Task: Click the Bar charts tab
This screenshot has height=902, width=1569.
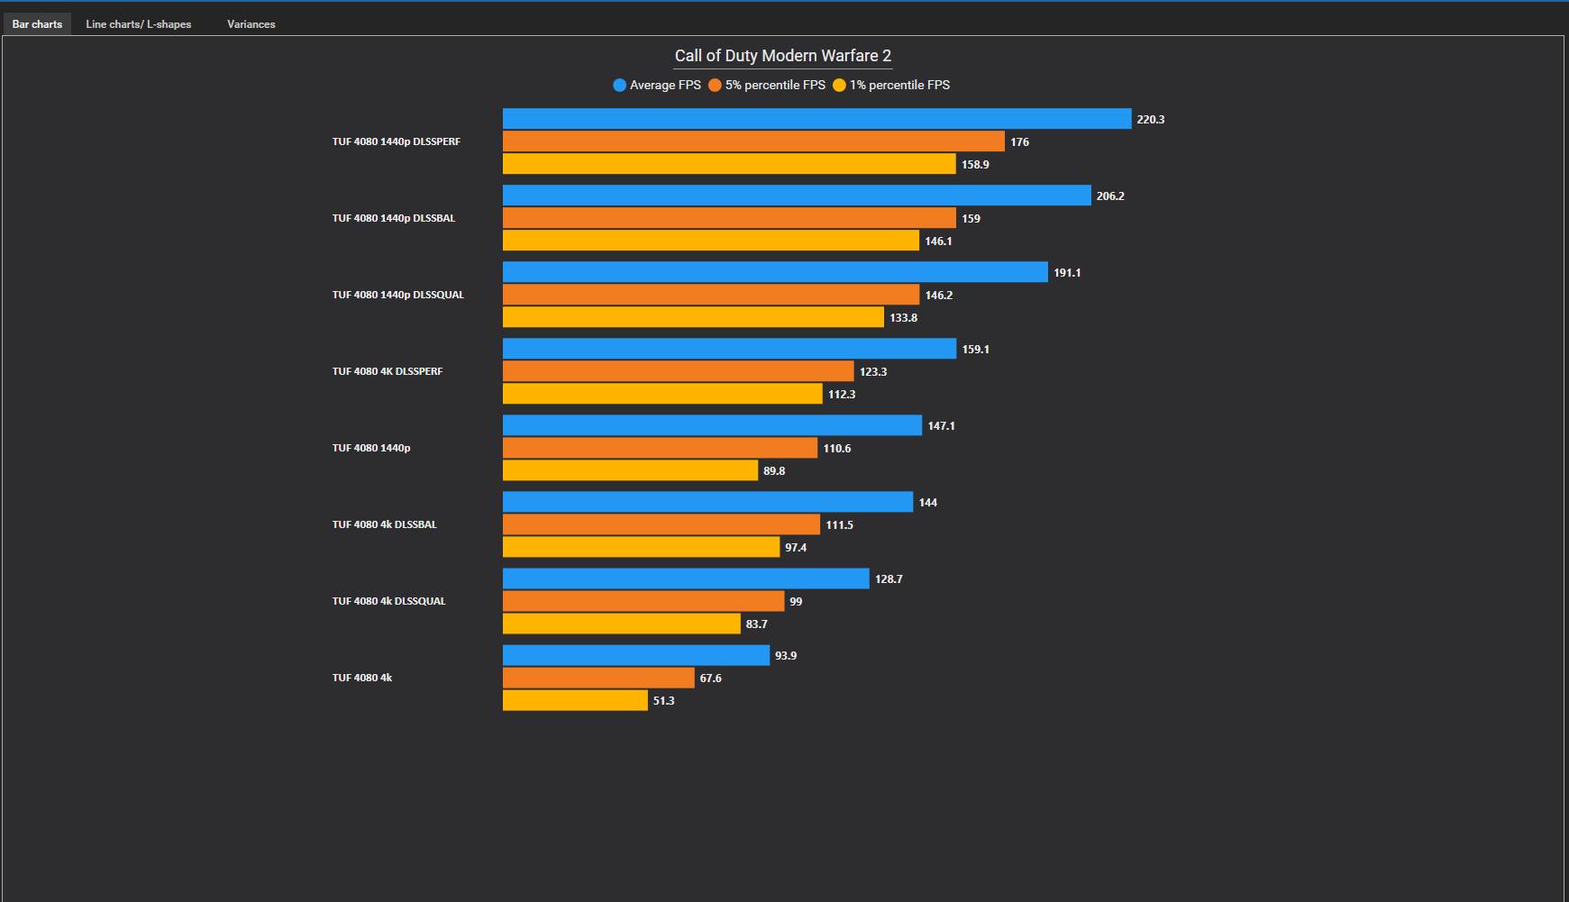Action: pyautogui.click(x=37, y=24)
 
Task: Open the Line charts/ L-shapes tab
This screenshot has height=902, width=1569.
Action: pyautogui.click(x=138, y=24)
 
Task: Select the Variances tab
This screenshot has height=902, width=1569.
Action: pyautogui.click(x=251, y=24)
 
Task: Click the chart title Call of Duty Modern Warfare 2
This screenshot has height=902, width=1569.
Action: pyautogui.click(x=782, y=56)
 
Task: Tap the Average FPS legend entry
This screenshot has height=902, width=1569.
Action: pyautogui.click(x=657, y=85)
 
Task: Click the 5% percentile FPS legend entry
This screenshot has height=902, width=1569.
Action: pyautogui.click(x=767, y=85)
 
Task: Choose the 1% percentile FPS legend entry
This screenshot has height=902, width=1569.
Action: pyautogui.click(x=891, y=85)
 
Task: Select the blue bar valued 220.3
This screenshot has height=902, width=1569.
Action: pyautogui.click(x=816, y=119)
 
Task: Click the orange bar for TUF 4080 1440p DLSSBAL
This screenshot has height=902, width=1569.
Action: pyautogui.click(x=728, y=218)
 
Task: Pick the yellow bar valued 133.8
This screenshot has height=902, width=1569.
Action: pyautogui.click(x=692, y=317)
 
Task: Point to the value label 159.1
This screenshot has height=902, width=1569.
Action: pyautogui.click(x=975, y=350)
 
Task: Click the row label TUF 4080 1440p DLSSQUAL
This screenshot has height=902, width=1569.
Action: pyautogui.click(x=397, y=295)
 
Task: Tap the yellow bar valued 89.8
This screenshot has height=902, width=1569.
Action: pyautogui.click(x=629, y=470)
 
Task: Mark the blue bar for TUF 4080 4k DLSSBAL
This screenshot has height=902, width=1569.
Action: pyautogui.click(x=707, y=502)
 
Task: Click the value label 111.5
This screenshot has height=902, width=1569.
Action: pyautogui.click(x=839, y=525)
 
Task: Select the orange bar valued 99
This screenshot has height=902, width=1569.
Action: pyautogui.click(x=643, y=601)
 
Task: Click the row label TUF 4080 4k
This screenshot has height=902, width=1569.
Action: pyautogui.click(x=361, y=678)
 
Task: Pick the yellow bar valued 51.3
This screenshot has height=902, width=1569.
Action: pyautogui.click(x=574, y=700)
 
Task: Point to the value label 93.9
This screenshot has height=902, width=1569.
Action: pyautogui.click(x=785, y=656)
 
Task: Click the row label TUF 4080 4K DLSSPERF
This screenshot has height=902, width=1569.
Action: pyautogui.click(x=387, y=371)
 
